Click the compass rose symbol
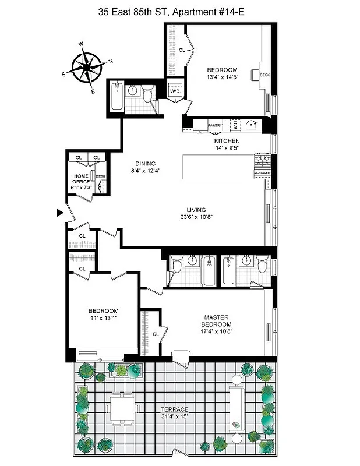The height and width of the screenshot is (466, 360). click(87, 68)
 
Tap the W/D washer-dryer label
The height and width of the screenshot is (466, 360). click(175, 92)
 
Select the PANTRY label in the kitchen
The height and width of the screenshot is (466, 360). click(215, 124)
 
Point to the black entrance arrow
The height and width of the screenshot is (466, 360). click(60, 213)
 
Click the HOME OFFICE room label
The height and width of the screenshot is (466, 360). click(82, 178)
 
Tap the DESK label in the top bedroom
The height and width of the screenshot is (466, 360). click(264, 75)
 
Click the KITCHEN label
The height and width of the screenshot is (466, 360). click(227, 141)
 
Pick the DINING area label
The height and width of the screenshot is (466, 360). click(146, 163)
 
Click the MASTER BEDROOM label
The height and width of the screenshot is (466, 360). click(216, 321)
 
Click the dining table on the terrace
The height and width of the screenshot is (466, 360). click(122, 407)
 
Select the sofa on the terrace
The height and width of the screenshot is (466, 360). click(237, 406)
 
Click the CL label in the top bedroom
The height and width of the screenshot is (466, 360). click(182, 50)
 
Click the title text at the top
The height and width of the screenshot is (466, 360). click(179, 9)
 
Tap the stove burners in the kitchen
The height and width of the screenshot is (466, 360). click(263, 160)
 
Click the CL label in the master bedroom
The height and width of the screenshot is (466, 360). click(156, 334)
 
